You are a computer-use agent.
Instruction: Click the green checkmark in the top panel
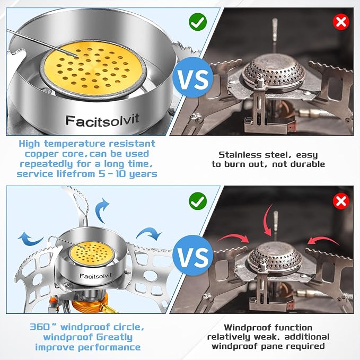[198, 22]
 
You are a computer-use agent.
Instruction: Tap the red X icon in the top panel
[341, 22]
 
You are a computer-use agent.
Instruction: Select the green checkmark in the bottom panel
[198, 201]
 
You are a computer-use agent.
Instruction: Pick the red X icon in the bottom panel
[341, 201]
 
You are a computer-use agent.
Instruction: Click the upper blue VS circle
[192, 77]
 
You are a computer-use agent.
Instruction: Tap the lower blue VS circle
[192, 256]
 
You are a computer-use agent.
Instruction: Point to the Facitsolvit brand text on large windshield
[102, 120]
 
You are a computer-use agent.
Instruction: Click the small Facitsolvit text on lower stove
[95, 276]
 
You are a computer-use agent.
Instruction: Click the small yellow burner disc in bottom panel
[92, 253]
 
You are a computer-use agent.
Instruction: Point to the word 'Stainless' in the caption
[240, 154]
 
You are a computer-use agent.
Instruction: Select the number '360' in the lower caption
[39, 327]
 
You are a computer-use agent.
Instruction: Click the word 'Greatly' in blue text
[115, 337]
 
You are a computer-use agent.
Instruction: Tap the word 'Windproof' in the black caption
[247, 328]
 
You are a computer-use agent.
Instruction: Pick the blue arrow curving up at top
[102, 210]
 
